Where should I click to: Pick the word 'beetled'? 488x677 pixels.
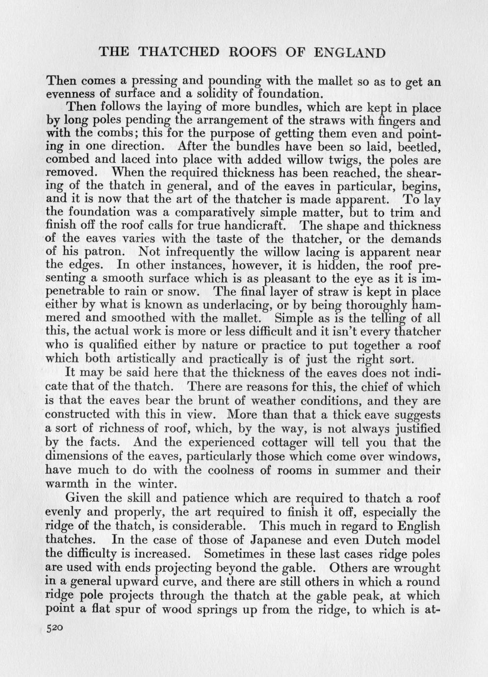pos(421,147)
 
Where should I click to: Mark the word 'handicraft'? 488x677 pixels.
pos(254,226)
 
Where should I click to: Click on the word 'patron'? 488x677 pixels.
pos(112,253)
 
